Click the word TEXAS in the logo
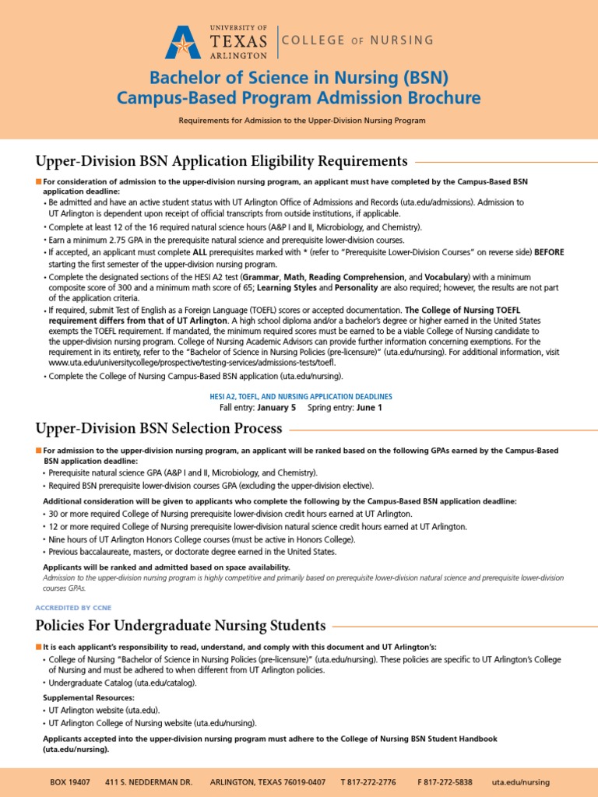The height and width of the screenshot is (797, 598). point(239,41)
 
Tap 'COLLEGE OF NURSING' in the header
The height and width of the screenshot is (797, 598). point(358,40)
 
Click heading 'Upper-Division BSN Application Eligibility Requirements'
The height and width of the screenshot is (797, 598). point(222,161)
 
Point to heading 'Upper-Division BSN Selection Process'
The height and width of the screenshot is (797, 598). point(159,428)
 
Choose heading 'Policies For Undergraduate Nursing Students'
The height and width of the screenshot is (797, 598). point(181,625)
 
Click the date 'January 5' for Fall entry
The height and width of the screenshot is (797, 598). point(276,407)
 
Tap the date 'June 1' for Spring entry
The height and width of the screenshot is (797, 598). point(369,407)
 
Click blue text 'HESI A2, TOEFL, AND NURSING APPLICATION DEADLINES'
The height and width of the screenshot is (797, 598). point(301,396)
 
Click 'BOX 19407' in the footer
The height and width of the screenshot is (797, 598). point(69,782)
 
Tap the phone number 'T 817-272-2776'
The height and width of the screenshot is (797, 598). point(368,782)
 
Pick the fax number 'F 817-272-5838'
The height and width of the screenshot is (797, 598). point(445,782)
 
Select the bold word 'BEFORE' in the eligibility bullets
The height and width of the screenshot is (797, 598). point(548,252)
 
